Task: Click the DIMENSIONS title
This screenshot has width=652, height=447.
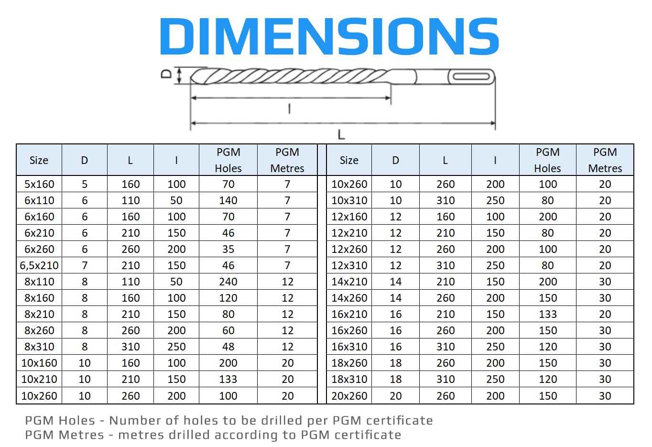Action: pos(329,36)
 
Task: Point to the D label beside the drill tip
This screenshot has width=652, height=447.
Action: pos(166,74)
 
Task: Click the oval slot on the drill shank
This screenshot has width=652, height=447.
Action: pos(471,77)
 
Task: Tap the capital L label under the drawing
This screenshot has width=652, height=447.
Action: pos(341,135)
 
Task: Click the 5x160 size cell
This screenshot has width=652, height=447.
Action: pos(39,184)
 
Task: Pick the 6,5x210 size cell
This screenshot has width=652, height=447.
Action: pos(39,265)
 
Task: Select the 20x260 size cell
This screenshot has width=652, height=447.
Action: pos(349,396)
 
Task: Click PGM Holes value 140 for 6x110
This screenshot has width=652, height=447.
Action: pos(228,200)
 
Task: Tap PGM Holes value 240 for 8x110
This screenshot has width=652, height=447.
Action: pos(228,282)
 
